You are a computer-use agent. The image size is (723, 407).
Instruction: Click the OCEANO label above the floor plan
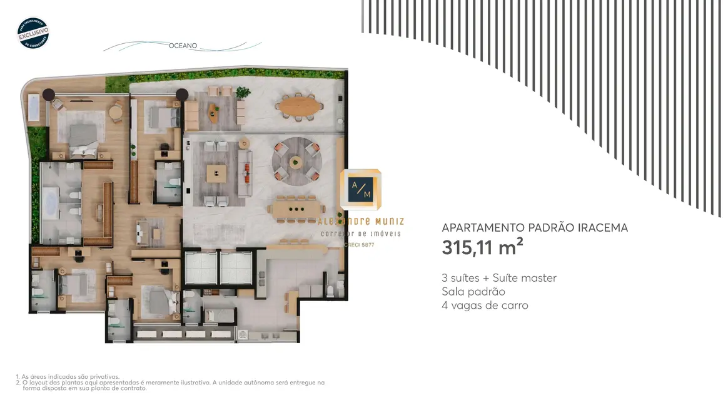point(183,46)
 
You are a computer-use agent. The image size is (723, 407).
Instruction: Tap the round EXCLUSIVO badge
point(33,33)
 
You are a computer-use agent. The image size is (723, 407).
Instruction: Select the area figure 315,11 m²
point(482,247)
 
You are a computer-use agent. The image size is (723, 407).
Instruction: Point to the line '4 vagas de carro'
point(485,306)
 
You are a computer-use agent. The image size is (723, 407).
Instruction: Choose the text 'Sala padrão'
point(473,292)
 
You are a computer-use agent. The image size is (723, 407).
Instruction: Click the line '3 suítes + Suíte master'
point(498,278)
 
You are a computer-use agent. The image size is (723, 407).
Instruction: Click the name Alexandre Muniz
point(361,222)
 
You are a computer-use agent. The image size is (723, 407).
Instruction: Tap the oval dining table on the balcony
point(298,106)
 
